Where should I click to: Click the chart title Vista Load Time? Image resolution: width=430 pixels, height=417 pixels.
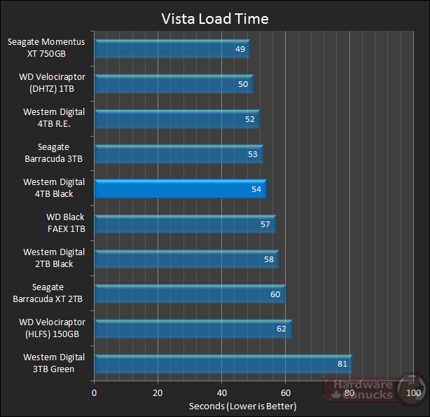(215, 18)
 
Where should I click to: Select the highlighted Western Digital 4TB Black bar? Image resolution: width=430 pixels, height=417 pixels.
(180, 189)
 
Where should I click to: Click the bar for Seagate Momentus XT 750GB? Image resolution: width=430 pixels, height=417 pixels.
(172, 49)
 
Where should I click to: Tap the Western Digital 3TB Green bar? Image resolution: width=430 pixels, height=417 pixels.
(223, 364)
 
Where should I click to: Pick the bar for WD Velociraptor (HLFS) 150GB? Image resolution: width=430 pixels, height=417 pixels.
(193, 329)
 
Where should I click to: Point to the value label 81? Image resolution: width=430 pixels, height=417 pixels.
(341, 364)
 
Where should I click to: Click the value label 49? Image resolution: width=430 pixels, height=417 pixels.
(240, 49)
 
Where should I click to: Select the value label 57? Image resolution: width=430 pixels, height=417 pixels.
(265, 224)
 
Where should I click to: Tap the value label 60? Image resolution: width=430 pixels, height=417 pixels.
(275, 294)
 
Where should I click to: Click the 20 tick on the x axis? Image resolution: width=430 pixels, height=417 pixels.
(158, 392)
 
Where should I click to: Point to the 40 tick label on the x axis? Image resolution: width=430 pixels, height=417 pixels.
(223, 392)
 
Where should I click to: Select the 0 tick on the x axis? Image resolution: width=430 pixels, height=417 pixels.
(95, 392)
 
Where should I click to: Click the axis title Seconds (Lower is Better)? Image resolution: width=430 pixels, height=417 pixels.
(242, 406)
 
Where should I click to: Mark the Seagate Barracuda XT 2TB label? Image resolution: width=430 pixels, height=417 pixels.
(48, 294)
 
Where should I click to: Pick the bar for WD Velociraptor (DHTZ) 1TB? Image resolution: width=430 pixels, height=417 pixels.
(173, 84)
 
